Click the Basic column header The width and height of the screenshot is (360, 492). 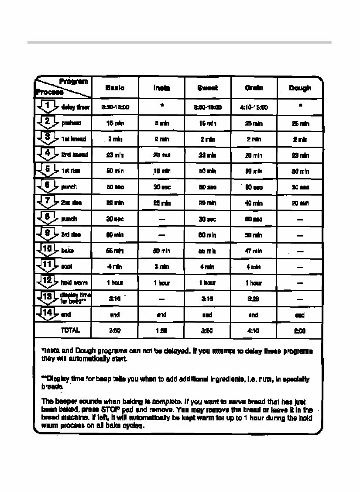pyautogui.click(x=115, y=88)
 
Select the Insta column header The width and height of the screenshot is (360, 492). pyautogui.click(x=161, y=88)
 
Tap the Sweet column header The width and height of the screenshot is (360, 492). pyautogui.click(x=207, y=88)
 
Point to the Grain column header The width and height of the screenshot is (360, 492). pyautogui.click(x=254, y=88)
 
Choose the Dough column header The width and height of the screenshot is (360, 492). pyautogui.click(x=300, y=88)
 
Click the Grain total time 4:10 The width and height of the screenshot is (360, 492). pyautogui.click(x=254, y=330)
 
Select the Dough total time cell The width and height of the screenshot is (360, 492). pyautogui.click(x=300, y=331)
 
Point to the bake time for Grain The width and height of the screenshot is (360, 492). pyautogui.click(x=254, y=251)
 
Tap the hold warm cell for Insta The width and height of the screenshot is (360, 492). pyautogui.click(x=161, y=283)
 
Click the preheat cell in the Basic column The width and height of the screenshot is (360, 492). pyautogui.click(x=115, y=124)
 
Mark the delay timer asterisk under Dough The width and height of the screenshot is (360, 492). pyautogui.click(x=300, y=106)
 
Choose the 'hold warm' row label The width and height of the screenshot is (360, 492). pyautogui.click(x=74, y=282)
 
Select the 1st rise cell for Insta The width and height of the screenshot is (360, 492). pyautogui.click(x=161, y=171)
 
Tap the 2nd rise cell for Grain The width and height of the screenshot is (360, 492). pyautogui.click(x=254, y=203)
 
